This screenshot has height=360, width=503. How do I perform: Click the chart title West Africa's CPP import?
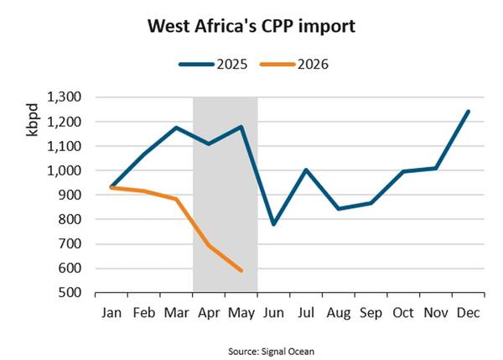tap(251, 26)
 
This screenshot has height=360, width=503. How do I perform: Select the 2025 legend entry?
tap(213, 65)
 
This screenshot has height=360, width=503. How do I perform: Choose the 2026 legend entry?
tap(294, 65)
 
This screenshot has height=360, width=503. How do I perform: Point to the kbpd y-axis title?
tap(33, 120)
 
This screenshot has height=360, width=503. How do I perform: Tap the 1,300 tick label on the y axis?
tap(65, 97)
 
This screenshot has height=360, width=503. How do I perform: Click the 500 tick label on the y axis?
tap(70, 293)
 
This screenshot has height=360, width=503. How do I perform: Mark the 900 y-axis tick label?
tap(70, 195)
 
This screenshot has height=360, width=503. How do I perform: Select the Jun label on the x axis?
tap(273, 313)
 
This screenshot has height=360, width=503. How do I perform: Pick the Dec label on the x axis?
tap(469, 313)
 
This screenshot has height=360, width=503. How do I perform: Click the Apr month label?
tap(209, 313)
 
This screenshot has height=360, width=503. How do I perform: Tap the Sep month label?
tap(371, 313)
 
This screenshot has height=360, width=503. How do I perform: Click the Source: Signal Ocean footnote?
tap(271, 352)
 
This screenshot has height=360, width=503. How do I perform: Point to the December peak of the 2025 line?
tap(469, 112)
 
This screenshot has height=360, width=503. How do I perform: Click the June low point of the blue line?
tap(273, 224)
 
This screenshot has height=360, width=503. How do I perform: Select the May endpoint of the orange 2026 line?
tap(241, 271)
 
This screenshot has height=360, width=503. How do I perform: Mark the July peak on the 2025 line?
tap(306, 170)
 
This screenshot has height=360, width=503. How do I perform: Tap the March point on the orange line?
tap(176, 199)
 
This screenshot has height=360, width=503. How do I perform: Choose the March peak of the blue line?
tap(176, 128)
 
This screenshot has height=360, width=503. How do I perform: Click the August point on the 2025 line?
tap(339, 209)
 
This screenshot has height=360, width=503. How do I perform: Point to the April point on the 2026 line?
tap(209, 246)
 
